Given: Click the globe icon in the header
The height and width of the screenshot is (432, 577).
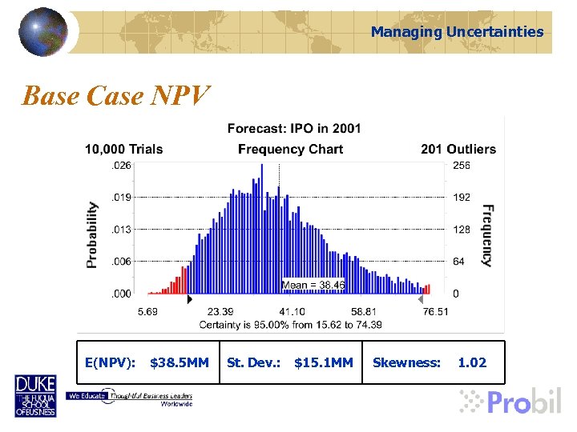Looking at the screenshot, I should coord(44,31).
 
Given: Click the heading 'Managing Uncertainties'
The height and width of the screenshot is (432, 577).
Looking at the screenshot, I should coord(457,32).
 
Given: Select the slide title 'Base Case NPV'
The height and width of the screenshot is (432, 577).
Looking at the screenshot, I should coord(116,96).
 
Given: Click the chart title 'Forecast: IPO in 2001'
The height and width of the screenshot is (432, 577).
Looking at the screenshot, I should coord(294,128).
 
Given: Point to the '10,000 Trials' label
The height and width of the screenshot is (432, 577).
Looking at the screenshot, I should coord(124,149).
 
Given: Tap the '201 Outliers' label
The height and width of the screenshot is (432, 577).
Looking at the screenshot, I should coord(458,149).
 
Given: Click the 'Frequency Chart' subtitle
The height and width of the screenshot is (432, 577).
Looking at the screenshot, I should coord(290,149).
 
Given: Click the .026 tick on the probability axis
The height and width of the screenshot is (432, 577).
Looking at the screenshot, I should coord(121,164).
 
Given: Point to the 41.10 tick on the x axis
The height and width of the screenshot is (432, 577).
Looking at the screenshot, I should coord(292,311).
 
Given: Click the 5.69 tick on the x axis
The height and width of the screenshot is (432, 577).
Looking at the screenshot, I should coord(147,311).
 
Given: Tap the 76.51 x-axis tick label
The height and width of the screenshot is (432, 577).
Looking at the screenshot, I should coord(435,311).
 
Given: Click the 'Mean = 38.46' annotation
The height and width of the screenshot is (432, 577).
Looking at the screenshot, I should coord(313,284).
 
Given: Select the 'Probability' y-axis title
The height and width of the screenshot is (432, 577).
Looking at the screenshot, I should coord(93,234).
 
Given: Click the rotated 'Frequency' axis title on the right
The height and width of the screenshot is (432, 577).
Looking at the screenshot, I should coord(486,234).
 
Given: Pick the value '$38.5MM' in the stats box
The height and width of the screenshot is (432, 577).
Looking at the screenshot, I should coord(180,362).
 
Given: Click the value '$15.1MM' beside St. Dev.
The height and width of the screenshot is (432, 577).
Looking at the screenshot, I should coord(323,362).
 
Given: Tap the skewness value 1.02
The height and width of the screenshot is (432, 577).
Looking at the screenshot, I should coord(472,362).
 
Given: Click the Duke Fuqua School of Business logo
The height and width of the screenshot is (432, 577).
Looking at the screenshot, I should coord(35,396).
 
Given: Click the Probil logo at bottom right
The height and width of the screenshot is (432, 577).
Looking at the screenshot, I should coord(511,401).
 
